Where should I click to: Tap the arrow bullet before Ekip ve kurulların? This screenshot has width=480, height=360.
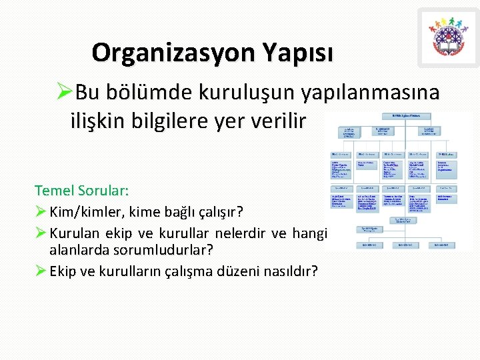(41, 271)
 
